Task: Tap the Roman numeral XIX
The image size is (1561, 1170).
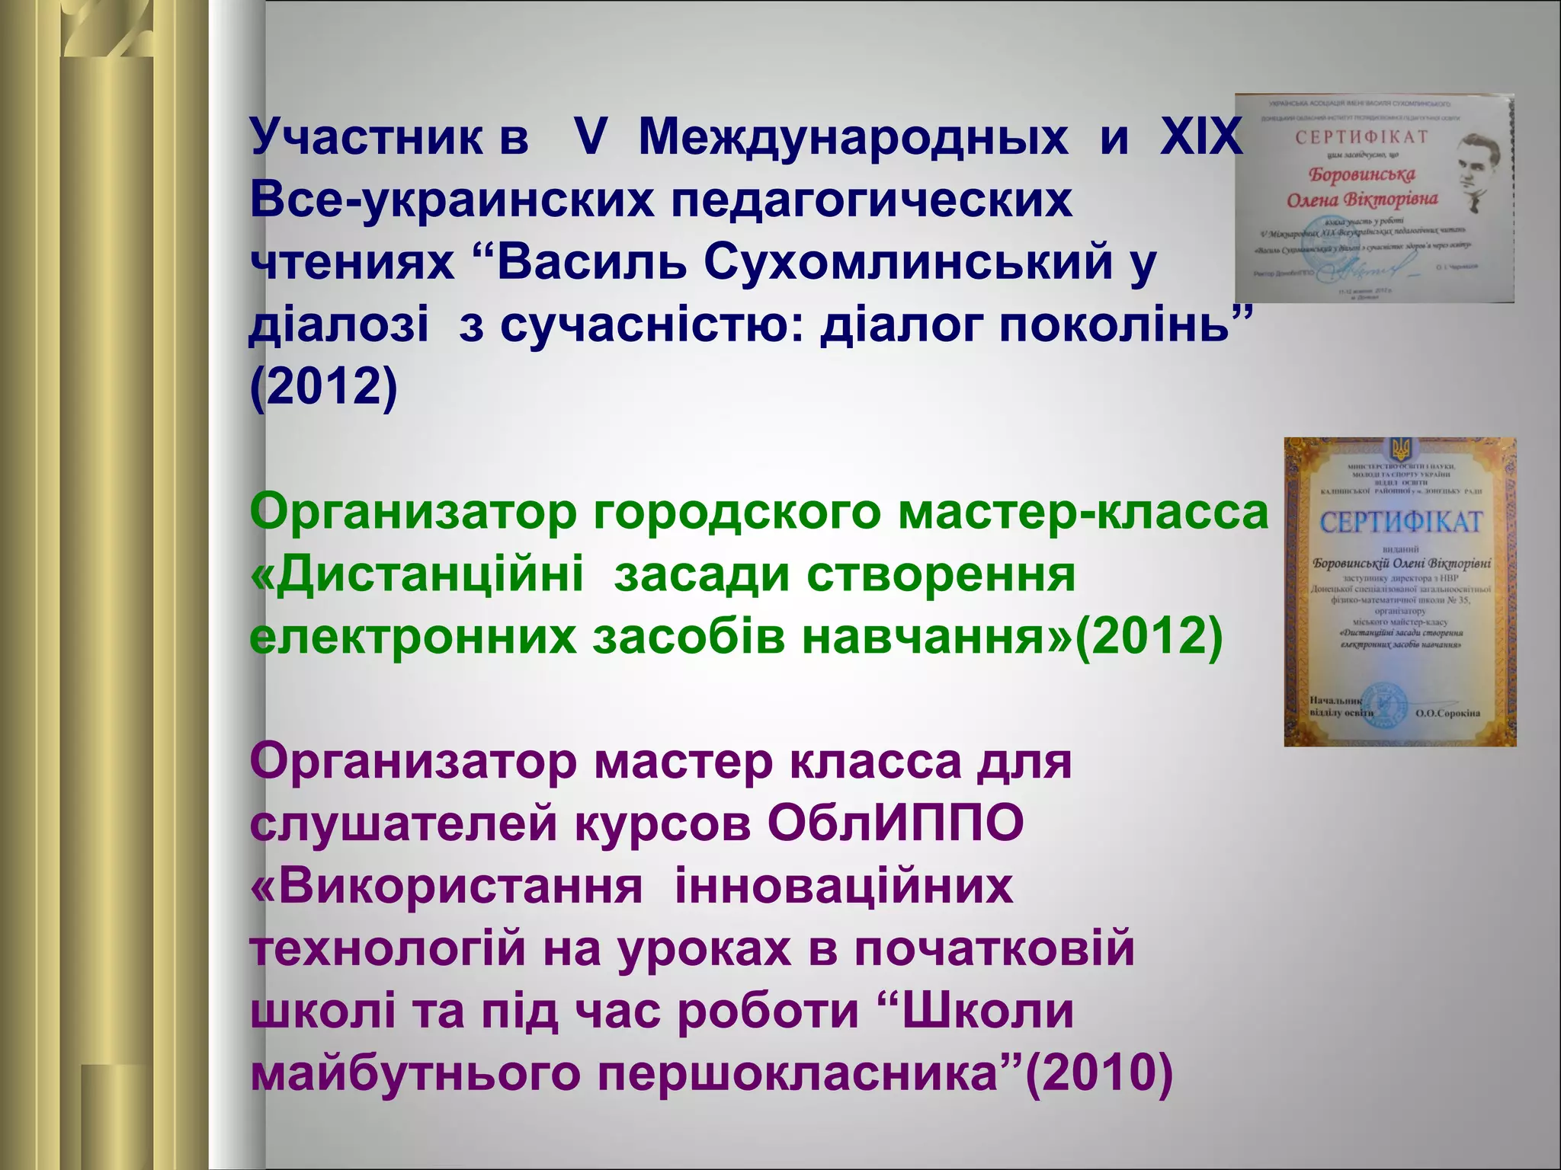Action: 1200,139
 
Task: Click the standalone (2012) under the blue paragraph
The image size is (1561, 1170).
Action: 324,387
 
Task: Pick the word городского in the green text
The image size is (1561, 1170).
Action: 736,513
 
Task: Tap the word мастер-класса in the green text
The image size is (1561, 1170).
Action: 1082,513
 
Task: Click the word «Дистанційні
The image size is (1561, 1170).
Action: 416,575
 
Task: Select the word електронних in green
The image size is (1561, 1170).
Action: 412,638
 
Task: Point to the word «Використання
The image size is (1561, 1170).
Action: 446,887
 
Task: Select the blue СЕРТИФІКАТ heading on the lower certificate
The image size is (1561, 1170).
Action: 1400,523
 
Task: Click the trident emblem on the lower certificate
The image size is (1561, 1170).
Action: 1400,449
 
